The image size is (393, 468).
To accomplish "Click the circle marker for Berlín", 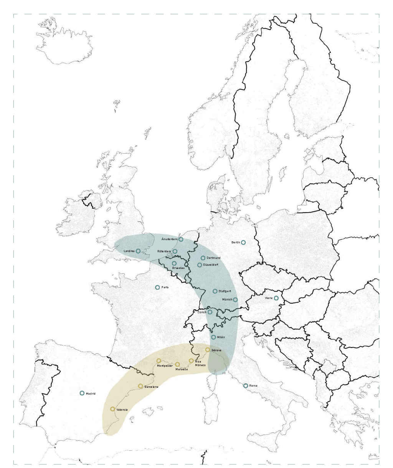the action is coord(243,242).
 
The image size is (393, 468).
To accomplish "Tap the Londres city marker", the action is coord(138,251).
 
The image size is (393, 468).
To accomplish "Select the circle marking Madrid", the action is coord(82,393).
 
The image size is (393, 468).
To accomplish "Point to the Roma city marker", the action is coord(246,386).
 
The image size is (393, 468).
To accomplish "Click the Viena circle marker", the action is coord(276,298).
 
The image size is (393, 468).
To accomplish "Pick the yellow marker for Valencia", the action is coord(112,409).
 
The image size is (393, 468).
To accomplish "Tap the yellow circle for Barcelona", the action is coord(140,386).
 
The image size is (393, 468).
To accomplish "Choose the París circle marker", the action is coord(157,287).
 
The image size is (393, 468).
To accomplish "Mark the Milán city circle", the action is coord(213,337).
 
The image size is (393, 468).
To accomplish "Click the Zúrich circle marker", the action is coord(210,312).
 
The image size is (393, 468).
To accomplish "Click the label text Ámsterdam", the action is coord(169,239).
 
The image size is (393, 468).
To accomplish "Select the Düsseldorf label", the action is coord(211,265).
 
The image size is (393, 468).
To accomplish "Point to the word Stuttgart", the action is coord(225,292).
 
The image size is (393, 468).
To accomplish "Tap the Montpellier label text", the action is coord(165,366).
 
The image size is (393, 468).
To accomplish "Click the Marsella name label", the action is coord(182,369).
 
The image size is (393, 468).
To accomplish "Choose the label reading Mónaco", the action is coord(200,366).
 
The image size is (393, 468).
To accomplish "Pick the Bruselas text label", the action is coord(178,268).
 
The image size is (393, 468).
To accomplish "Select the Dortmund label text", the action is coord(213,258).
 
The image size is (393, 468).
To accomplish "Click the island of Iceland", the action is coord(65,42).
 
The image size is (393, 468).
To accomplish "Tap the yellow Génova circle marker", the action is coord(208,350).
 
